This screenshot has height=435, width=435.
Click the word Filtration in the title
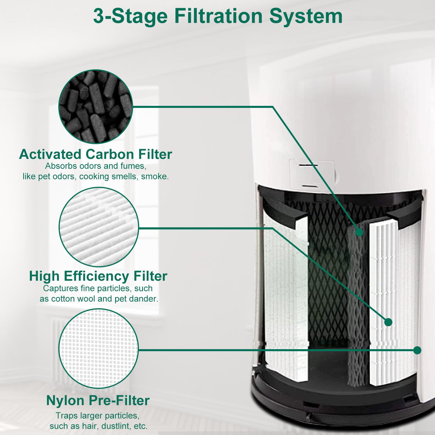point(219,16)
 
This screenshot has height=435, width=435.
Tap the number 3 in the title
point(98,16)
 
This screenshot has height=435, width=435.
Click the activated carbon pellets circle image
point(96,106)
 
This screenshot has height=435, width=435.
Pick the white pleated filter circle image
point(99,227)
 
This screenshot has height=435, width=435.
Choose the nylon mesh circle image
point(99,348)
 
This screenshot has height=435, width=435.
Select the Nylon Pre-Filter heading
point(98,400)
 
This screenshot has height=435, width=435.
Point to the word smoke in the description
point(155,176)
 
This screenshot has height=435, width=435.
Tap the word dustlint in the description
point(115,426)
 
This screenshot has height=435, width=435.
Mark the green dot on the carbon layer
point(359,232)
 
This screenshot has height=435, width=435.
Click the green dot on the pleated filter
point(388,322)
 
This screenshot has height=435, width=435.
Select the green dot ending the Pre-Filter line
point(417,350)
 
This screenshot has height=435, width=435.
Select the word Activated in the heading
point(50,154)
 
